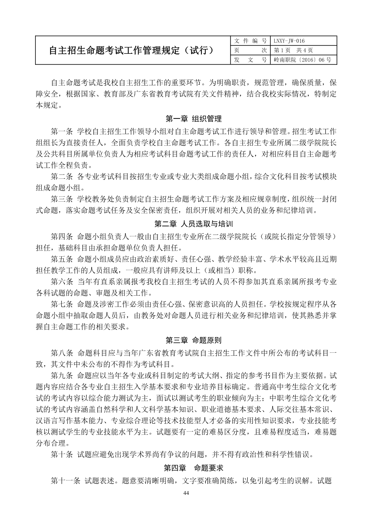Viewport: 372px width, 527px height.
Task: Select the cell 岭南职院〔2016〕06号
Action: click(x=302, y=60)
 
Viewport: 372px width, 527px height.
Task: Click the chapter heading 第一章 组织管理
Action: click(x=194, y=119)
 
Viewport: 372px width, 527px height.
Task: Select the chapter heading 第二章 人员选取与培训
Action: click(x=194, y=224)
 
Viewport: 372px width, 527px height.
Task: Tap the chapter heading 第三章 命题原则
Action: click(x=194, y=340)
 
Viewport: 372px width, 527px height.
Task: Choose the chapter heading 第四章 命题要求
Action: click(x=194, y=468)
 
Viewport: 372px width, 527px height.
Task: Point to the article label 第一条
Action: click(x=62, y=131)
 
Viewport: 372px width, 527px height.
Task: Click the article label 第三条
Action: click(x=62, y=199)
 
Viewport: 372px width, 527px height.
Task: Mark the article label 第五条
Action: click(x=62, y=259)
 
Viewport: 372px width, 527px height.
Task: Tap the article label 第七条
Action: click(x=62, y=304)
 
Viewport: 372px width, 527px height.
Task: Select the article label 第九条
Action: click(x=62, y=376)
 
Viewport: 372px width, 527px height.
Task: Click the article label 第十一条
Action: click(x=65, y=481)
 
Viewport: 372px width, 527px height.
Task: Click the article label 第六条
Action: click(x=62, y=282)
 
